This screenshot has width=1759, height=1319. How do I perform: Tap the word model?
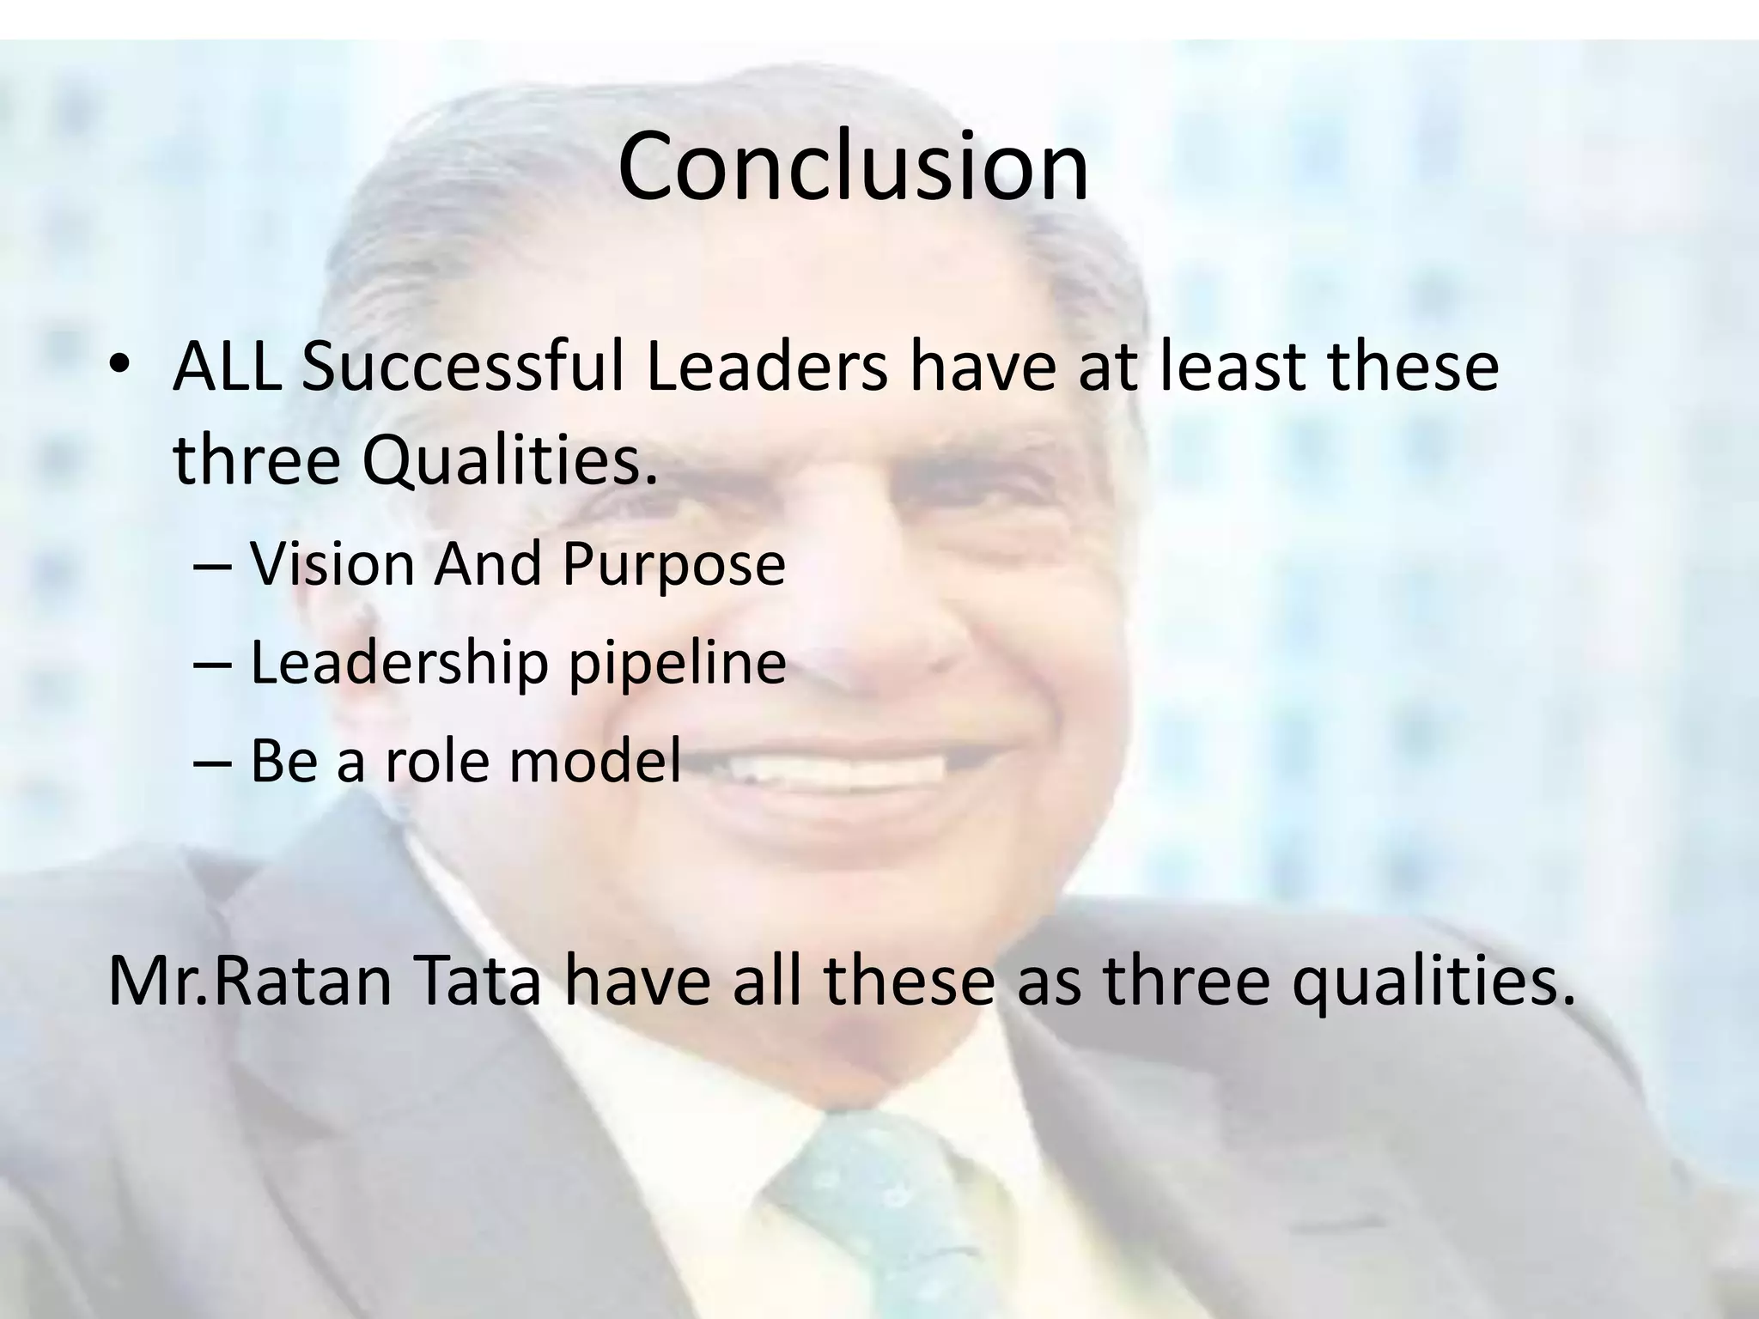(x=594, y=761)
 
